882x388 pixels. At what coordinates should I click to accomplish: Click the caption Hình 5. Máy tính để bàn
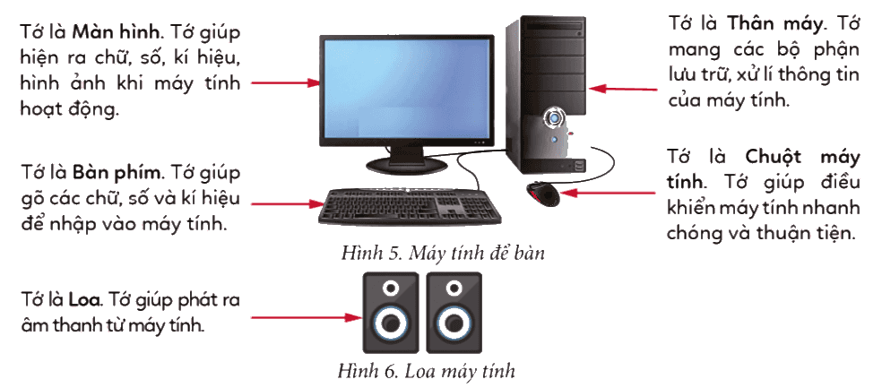tap(443, 253)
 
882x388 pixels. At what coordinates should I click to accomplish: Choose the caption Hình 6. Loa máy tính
tap(427, 371)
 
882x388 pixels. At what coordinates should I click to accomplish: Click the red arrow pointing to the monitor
tap(285, 83)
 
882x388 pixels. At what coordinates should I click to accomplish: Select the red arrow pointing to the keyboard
tap(286, 203)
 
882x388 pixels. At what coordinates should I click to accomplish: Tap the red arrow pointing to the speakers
tap(307, 318)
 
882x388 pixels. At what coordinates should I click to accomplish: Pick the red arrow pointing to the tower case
tap(623, 89)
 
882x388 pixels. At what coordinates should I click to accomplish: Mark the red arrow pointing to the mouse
tap(609, 193)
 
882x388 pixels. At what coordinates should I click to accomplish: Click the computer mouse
tap(543, 194)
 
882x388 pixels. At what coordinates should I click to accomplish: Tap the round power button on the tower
tap(554, 118)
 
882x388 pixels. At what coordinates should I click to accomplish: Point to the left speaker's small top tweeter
tap(391, 289)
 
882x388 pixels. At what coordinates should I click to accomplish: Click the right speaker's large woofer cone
tap(454, 324)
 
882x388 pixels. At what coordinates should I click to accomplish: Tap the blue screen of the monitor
tap(407, 90)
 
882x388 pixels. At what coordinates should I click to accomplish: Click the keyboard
tap(410, 206)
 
